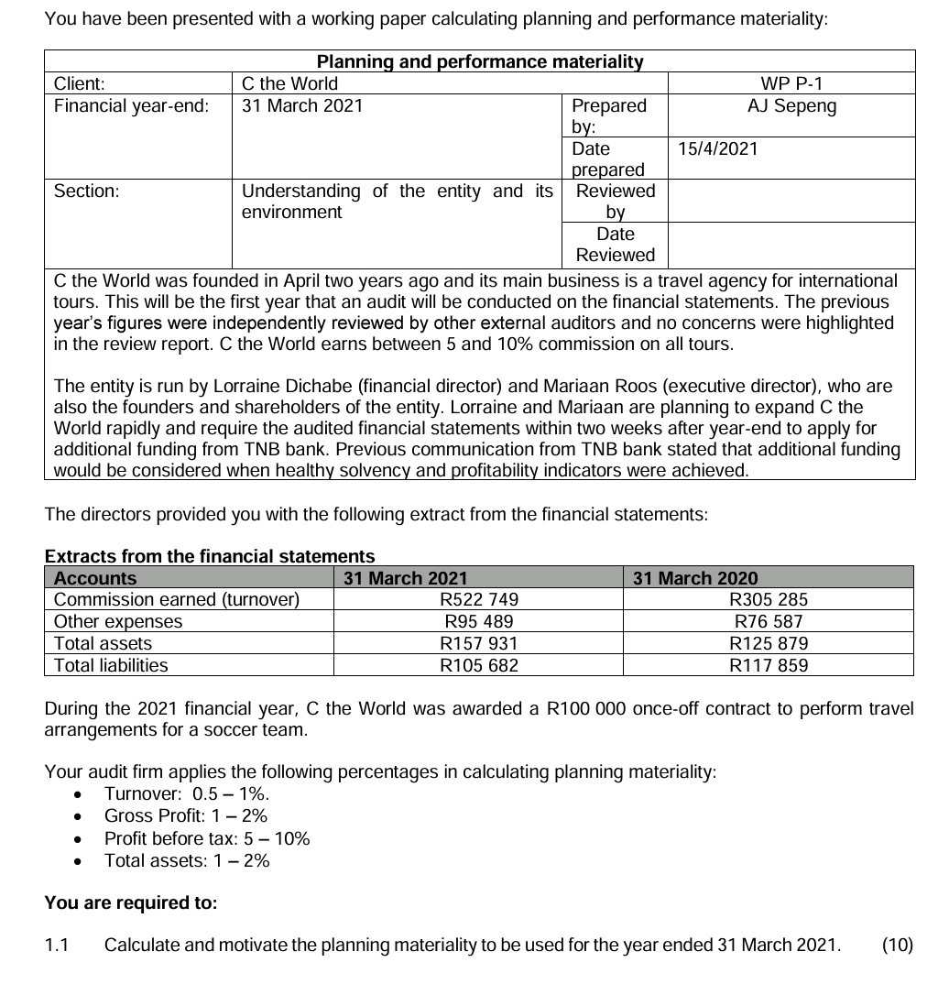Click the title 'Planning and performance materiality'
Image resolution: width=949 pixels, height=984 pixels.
[x=479, y=62]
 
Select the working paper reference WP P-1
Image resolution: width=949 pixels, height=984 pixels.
[x=791, y=83]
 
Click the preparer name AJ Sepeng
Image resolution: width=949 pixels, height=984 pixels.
[x=791, y=105]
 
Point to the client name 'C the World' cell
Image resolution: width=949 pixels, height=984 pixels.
[x=289, y=83]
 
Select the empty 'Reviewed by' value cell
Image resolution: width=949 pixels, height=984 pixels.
[x=791, y=201]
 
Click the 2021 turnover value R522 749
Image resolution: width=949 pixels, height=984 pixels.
[x=478, y=600]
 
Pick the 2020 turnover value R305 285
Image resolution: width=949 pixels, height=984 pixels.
[x=768, y=600]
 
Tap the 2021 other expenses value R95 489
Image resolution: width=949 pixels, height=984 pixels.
[x=478, y=622]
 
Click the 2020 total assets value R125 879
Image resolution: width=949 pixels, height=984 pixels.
[x=768, y=644]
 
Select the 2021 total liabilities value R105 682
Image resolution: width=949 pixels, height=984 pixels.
[x=478, y=666]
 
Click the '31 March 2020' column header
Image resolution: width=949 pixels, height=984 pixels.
[x=695, y=578]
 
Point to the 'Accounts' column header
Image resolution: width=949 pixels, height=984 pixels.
[x=95, y=578]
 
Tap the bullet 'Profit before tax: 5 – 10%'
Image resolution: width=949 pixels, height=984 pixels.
[x=207, y=838]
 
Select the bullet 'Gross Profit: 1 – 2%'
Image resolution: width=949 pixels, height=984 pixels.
[x=186, y=815]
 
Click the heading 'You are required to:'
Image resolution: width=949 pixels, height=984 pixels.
[x=131, y=903]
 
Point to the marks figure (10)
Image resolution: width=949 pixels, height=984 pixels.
[x=897, y=946]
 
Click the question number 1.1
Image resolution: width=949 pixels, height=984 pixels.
[x=57, y=946]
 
